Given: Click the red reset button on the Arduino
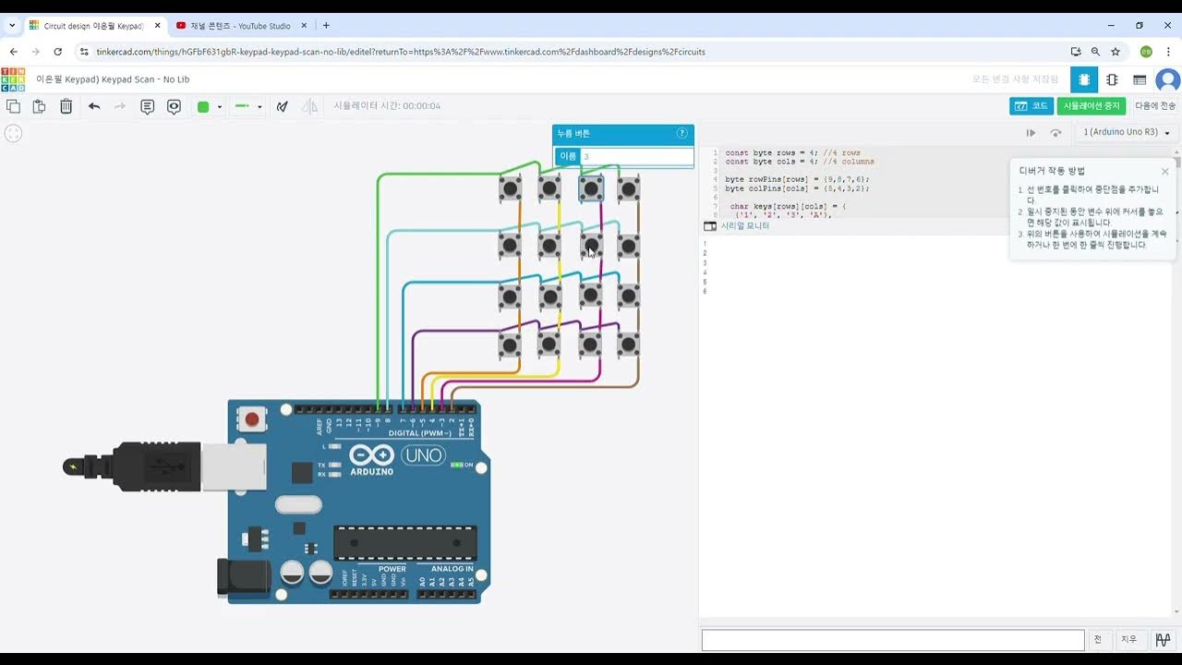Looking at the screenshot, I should pyautogui.click(x=251, y=420).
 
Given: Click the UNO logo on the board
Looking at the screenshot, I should pyautogui.click(x=423, y=455).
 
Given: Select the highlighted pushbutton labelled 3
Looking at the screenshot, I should pyautogui.click(x=591, y=188).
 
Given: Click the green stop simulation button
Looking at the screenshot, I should pyautogui.click(x=1092, y=106).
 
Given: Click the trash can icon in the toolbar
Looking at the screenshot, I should pyautogui.click(x=66, y=107).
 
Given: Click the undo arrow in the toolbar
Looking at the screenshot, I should pyautogui.click(x=94, y=107).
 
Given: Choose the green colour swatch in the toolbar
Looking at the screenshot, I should pyautogui.click(x=203, y=107).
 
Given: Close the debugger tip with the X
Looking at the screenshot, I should pyautogui.click(x=1164, y=171).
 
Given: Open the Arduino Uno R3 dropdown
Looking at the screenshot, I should pyautogui.click(x=1127, y=132).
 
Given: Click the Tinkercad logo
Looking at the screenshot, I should pyautogui.click(x=13, y=79).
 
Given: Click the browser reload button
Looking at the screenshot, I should pyautogui.click(x=58, y=52).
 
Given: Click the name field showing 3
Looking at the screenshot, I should pyautogui.click(x=636, y=156).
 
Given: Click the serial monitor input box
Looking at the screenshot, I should pyautogui.click(x=892, y=639).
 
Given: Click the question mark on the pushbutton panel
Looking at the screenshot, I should pyautogui.click(x=682, y=133).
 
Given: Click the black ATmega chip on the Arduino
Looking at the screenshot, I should pyautogui.click(x=405, y=543).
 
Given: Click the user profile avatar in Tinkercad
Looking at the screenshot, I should pyautogui.click(x=1168, y=80).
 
